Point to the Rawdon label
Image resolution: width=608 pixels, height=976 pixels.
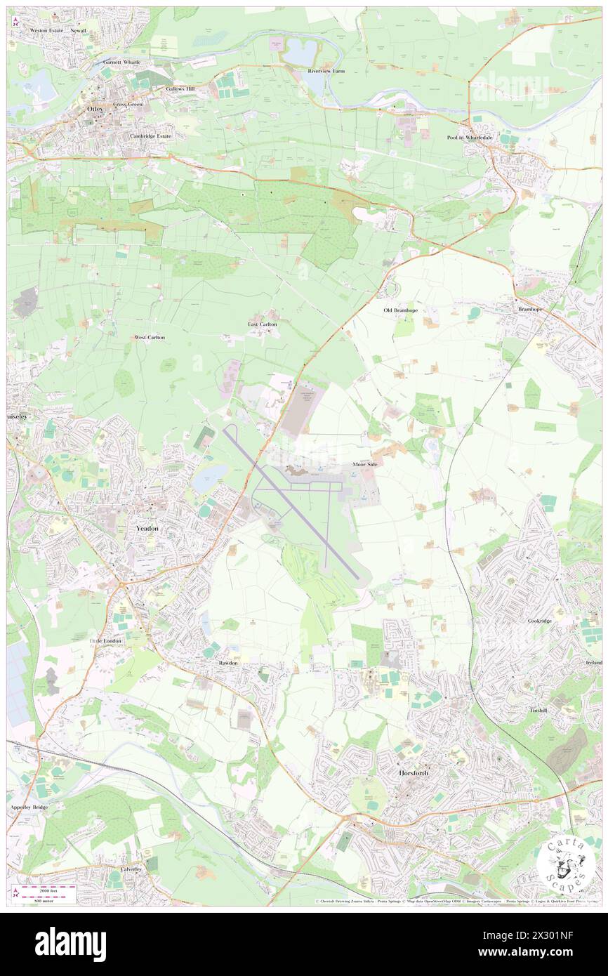[227, 663]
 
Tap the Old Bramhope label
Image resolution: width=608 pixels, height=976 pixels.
[401, 310]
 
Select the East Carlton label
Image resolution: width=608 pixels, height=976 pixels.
[263, 324]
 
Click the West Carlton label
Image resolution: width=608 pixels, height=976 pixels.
[150, 338]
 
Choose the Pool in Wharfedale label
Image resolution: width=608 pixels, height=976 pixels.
[470, 138]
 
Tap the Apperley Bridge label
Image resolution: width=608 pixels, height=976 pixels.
[29, 807]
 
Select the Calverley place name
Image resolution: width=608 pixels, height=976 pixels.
[131, 869]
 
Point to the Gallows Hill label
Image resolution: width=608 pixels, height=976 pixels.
[180, 89]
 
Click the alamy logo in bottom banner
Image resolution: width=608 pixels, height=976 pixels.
[70, 944]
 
